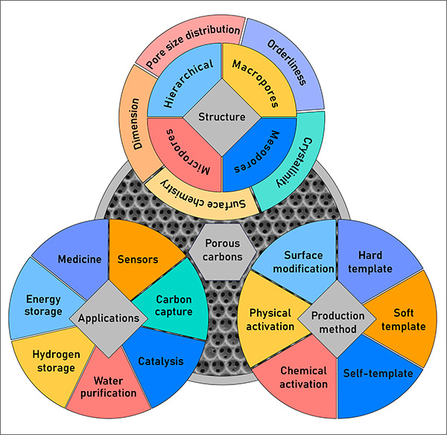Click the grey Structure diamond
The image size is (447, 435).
pos(223,117)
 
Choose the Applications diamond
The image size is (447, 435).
pos(106,318)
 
